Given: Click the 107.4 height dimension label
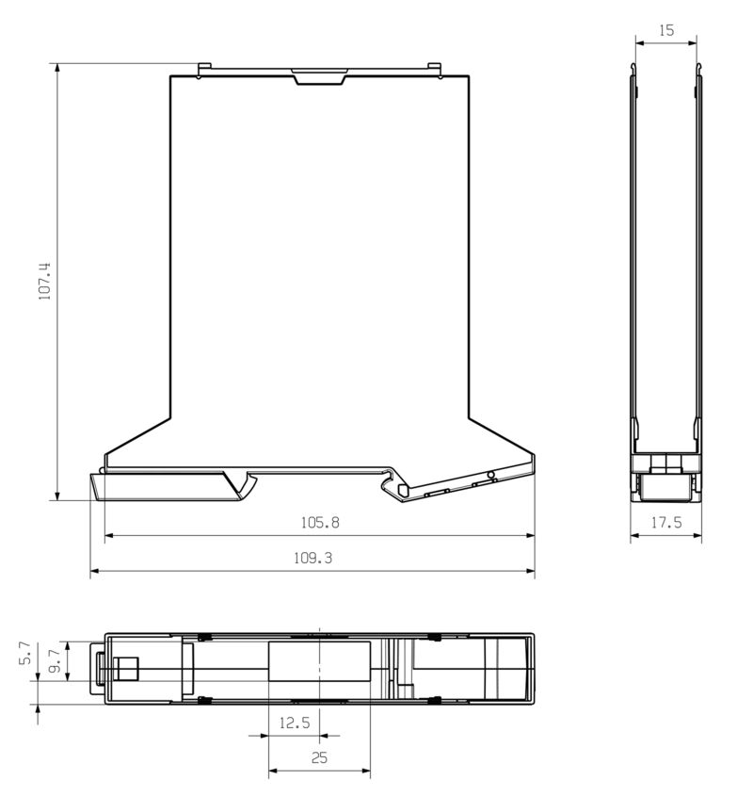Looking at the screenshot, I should (x=43, y=282).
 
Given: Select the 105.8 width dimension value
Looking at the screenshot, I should (x=319, y=522).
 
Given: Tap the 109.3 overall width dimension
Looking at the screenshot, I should (x=312, y=558).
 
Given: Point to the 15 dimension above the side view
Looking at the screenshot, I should (x=665, y=30).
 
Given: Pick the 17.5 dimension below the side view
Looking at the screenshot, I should (x=665, y=523).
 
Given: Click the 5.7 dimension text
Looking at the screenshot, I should (x=25, y=655).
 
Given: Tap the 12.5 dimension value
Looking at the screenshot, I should (x=295, y=723).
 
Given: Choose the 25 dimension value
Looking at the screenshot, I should (x=319, y=757).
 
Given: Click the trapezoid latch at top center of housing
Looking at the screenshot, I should (x=319, y=76).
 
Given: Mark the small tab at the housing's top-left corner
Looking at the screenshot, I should (x=204, y=68).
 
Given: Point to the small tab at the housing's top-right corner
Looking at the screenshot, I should (x=434, y=68).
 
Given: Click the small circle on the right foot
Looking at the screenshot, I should (x=490, y=475).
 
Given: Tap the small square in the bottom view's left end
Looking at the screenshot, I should (x=125, y=669).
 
